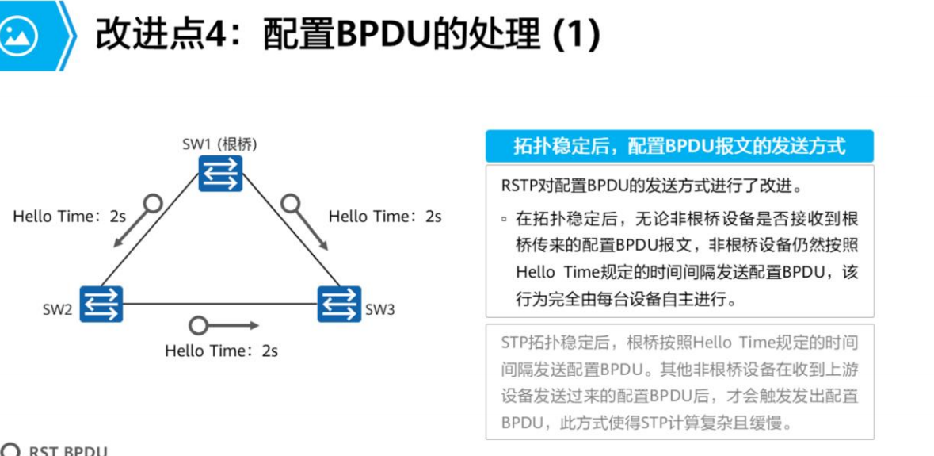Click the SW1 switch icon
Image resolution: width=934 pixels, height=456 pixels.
(219, 174)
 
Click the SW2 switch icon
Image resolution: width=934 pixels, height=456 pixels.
(101, 304)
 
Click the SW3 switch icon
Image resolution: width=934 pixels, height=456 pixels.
(340, 304)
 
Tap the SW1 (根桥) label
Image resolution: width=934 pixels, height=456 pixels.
(219, 144)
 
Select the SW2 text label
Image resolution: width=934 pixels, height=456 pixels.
(57, 309)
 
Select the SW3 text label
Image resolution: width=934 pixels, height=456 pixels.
(379, 309)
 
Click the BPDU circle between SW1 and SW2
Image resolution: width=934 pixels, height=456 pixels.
(152, 203)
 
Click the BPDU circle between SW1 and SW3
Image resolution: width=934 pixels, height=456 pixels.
(292, 203)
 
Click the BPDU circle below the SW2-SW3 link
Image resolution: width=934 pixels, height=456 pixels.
(198, 325)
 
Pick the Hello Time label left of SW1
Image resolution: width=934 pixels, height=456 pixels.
(70, 217)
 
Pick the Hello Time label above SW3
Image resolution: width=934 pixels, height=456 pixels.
(385, 217)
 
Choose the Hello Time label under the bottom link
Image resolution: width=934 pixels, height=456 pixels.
(221, 351)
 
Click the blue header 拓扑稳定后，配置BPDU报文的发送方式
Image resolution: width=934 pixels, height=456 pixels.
(679, 146)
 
